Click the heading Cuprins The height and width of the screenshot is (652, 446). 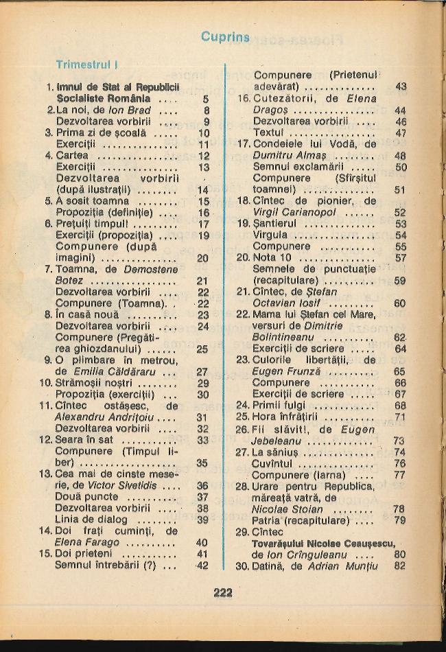(x=226, y=36)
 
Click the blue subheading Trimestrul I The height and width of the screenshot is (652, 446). (x=88, y=65)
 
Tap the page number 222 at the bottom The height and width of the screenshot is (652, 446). (x=223, y=593)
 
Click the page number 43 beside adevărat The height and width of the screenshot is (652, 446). (x=401, y=86)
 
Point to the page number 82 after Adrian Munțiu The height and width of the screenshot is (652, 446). (x=400, y=566)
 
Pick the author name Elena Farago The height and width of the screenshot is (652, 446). (x=87, y=542)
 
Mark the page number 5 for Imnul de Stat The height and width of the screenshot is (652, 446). (x=205, y=99)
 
